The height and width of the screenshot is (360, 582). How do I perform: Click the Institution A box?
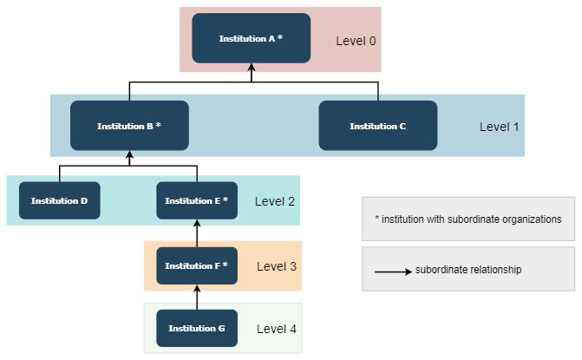[x=251, y=38]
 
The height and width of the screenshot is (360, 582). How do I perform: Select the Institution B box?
[x=129, y=126]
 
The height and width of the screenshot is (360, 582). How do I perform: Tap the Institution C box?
[x=378, y=126]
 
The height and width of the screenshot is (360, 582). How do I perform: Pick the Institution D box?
[x=60, y=200]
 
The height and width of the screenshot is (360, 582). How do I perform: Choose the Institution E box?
[x=197, y=200]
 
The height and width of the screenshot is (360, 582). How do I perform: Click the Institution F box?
[x=197, y=265]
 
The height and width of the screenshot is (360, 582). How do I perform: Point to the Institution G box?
[x=197, y=329]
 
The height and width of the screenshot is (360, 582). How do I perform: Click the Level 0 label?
[x=356, y=40]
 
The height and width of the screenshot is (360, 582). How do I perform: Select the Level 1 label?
[x=499, y=127]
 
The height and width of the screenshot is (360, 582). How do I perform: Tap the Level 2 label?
[x=275, y=201]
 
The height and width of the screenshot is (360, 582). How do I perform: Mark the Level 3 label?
[x=277, y=265]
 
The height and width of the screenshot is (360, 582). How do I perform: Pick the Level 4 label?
[x=277, y=329]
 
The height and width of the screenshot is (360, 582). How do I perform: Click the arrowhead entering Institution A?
[x=252, y=68]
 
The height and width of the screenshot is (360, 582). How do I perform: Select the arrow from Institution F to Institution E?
[x=197, y=233]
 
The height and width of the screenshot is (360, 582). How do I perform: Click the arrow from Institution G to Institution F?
[x=197, y=298]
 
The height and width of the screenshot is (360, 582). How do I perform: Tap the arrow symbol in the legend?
[x=393, y=272]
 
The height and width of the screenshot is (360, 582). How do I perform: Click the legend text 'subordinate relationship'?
[x=468, y=270]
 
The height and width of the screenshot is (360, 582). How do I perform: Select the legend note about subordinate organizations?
[x=468, y=219]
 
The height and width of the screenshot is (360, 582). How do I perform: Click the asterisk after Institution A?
[x=280, y=38]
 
